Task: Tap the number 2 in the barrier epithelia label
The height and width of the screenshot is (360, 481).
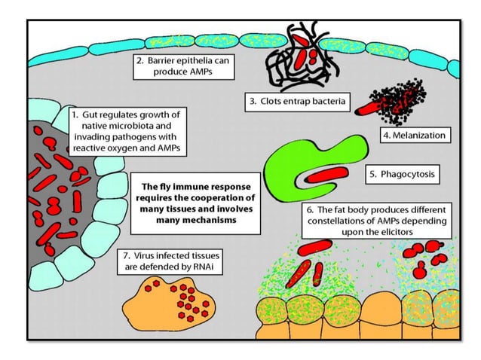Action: pos(136,59)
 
